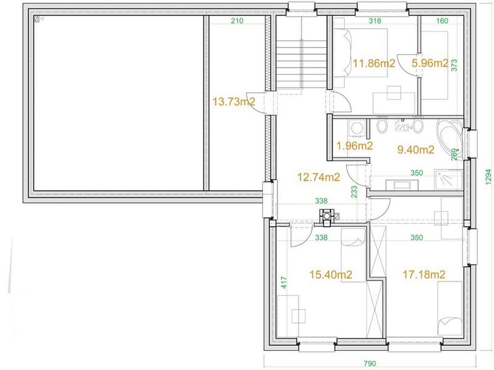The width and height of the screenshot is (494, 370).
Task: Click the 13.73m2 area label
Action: coord(234,102)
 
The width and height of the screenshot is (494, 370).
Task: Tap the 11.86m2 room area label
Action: coord(374,64)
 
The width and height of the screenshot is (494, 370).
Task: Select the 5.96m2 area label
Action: coord(430,63)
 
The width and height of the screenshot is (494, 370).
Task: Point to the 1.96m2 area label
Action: coord(355,146)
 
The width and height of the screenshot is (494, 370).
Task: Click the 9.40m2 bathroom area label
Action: coord(416,150)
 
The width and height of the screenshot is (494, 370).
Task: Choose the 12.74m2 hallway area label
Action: coord(319,177)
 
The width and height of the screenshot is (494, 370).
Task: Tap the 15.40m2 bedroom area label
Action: coord(331,274)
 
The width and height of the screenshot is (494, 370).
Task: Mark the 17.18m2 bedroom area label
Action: coord(424,274)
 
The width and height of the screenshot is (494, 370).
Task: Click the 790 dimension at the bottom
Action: coord(370,364)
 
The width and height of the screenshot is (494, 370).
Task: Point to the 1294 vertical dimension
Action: coord(488,177)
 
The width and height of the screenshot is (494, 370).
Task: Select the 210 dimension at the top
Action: coord(237,21)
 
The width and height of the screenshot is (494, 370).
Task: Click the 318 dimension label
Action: coord(374,21)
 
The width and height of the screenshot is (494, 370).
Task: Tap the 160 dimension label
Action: coord(442,21)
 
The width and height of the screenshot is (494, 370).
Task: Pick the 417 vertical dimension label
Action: coord(284,282)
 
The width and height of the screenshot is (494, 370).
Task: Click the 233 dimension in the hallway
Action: coord(354,192)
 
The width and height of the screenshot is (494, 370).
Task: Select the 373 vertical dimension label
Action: coord(454,65)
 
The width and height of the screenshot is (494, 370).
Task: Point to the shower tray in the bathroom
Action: coord(448,180)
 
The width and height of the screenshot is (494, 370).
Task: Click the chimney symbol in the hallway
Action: coord(327,216)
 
